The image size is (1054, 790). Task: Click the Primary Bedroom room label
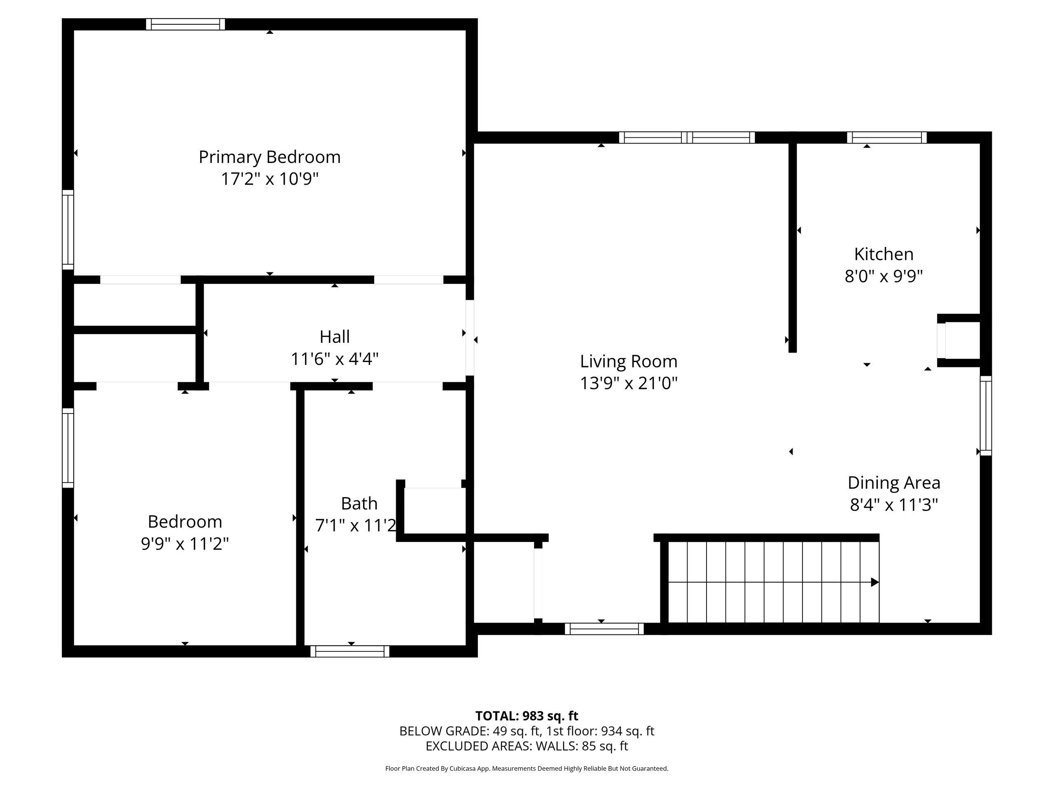click(x=270, y=157)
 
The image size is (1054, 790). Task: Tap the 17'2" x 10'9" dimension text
click(x=270, y=179)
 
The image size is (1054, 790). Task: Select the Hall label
click(x=334, y=337)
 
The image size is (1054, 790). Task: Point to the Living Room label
click(x=629, y=361)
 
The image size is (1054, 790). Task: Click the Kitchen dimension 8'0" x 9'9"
click(x=884, y=276)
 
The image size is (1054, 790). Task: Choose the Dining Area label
click(x=894, y=483)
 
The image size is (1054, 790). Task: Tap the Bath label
click(x=359, y=503)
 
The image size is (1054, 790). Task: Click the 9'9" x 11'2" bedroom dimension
click(x=185, y=544)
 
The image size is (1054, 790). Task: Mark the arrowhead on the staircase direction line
click(x=875, y=582)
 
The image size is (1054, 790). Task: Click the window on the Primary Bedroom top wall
click(x=185, y=24)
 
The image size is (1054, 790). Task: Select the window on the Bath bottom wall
click(x=350, y=651)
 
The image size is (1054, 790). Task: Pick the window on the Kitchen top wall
click(x=887, y=137)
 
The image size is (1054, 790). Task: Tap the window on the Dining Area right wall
click(x=986, y=416)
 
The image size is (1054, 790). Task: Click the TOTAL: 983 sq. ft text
click(x=527, y=716)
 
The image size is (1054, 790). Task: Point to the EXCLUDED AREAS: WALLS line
click(x=527, y=746)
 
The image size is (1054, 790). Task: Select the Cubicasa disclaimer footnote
click(x=527, y=768)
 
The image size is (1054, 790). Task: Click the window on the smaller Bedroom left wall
click(x=68, y=448)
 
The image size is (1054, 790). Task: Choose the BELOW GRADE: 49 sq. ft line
click(x=527, y=731)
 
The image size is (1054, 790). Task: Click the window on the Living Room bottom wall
click(x=604, y=629)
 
